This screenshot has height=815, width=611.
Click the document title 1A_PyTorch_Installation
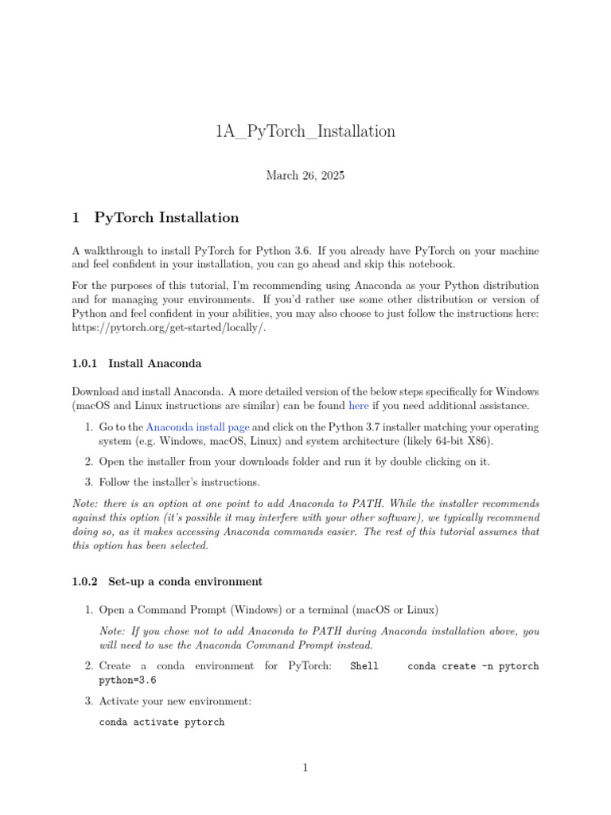(x=305, y=131)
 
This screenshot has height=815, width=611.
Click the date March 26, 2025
(x=305, y=176)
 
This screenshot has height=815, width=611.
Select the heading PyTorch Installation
(x=166, y=217)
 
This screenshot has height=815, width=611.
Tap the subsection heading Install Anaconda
(x=154, y=364)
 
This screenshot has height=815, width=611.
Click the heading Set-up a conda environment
(x=185, y=581)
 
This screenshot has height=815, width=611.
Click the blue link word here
(x=359, y=406)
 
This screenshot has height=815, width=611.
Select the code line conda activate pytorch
(x=162, y=723)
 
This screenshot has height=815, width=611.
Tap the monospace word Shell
(x=364, y=666)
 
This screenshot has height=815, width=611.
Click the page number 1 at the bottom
(x=305, y=768)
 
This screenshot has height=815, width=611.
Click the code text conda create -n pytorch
(x=473, y=666)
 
